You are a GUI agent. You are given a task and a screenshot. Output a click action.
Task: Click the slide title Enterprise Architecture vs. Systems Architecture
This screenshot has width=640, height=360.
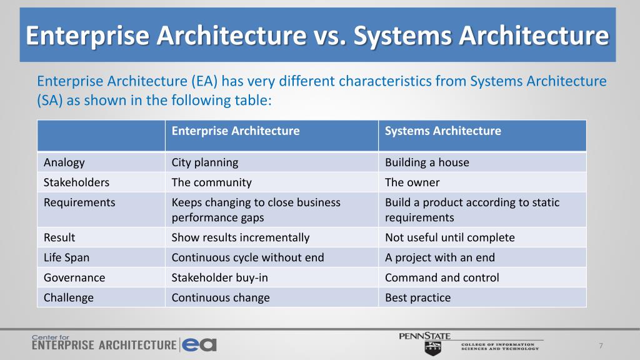click(x=317, y=36)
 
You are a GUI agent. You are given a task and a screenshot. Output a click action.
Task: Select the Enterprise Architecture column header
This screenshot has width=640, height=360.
click(x=236, y=131)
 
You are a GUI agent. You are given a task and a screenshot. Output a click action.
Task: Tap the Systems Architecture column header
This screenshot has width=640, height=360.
click(x=442, y=131)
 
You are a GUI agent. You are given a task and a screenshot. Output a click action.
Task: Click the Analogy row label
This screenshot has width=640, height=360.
click(x=64, y=162)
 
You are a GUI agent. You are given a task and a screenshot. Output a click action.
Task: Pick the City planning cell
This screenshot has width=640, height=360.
click(x=205, y=162)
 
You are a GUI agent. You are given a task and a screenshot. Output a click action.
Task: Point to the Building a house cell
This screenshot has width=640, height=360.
click(x=427, y=162)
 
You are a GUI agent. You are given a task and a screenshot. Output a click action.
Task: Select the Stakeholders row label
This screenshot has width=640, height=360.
click(x=76, y=182)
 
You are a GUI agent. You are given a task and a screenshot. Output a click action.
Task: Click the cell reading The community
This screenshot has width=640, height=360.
click(x=211, y=182)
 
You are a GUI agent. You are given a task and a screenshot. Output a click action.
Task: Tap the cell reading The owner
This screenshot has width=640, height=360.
click(x=412, y=182)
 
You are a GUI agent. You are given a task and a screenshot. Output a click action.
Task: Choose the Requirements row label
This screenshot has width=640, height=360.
click(x=79, y=202)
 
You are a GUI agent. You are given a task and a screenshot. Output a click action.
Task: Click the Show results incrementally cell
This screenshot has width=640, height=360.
click(x=241, y=237)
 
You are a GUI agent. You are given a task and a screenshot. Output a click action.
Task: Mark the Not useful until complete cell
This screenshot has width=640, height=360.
click(x=449, y=237)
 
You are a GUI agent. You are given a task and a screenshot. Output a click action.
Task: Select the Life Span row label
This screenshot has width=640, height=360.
click(x=67, y=257)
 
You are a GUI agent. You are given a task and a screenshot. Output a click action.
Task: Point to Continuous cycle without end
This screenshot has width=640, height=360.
click(x=247, y=257)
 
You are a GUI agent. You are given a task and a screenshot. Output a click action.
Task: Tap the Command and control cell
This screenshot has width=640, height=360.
click(x=442, y=277)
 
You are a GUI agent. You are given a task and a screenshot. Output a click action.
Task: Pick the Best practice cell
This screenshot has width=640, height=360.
click(x=417, y=297)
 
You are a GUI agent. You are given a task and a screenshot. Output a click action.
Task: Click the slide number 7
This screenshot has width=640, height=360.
click(x=601, y=346)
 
